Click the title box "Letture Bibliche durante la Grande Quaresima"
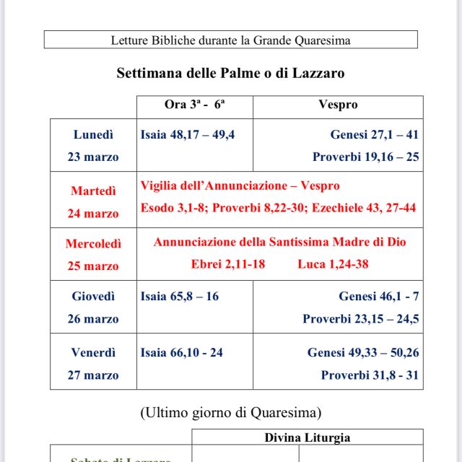click(230, 40)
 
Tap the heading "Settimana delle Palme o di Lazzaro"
click(230, 73)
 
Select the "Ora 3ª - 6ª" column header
click(194, 105)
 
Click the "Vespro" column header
click(338, 105)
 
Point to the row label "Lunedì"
click(93, 135)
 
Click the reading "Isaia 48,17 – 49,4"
click(188, 135)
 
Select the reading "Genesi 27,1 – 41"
click(374, 135)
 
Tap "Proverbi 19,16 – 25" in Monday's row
click(365, 157)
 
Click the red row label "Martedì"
click(93, 191)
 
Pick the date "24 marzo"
click(93, 214)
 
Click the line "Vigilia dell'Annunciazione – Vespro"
click(240, 186)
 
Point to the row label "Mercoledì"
click(93, 244)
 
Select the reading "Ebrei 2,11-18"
click(228, 264)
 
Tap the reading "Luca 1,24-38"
click(333, 264)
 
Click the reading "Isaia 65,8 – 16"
click(180, 297)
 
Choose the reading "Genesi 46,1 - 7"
click(378, 297)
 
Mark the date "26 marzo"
click(93, 319)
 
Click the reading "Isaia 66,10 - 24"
click(182, 353)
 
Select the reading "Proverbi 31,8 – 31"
click(370, 375)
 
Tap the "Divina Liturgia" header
click(307, 437)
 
